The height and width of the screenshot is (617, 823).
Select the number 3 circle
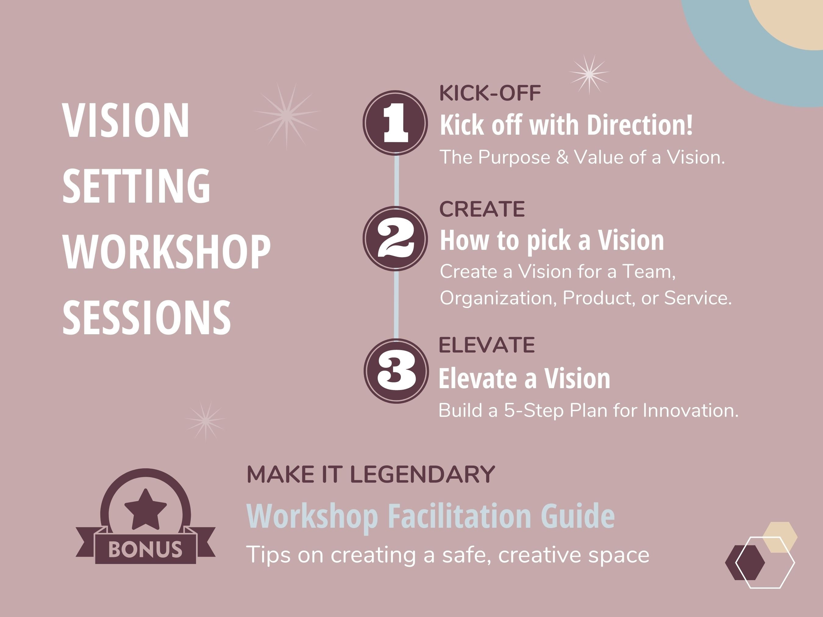click(396, 371)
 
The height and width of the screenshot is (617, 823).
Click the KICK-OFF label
click(490, 93)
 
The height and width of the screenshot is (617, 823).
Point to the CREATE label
click(482, 209)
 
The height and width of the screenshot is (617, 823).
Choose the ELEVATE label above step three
click(487, 345)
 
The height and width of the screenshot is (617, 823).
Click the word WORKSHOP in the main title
click(166, 252)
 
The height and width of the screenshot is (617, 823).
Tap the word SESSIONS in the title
click(147, 317)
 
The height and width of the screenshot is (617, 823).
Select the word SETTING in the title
click(136, 186)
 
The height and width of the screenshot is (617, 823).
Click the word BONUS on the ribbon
click(145, 549)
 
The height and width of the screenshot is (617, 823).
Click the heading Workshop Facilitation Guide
click(430, 516)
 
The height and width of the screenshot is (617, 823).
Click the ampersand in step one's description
click(562, 157)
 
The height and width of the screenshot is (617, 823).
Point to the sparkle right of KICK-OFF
click(589, 74)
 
